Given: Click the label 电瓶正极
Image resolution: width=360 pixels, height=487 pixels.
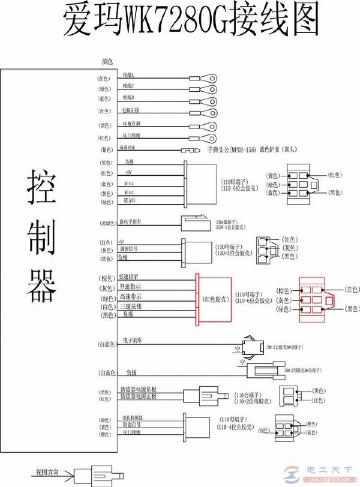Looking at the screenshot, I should [x=131, y=111].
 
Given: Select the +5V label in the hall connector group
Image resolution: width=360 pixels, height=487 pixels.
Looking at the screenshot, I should [x=128, y=173].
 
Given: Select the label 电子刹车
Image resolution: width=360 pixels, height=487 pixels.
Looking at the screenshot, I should [x=133, y=340].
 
